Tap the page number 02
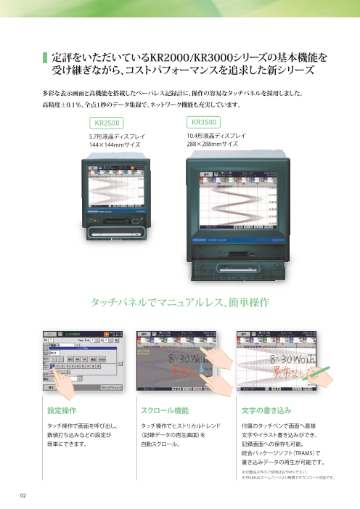pyautogui.click(x=23, y=495)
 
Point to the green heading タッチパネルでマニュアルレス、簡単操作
pyautogui.click(x=179, y=301)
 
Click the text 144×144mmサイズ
pyautogui.click(x=115, y=144)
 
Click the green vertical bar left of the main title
pyautogui.click(x=44, y=64)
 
